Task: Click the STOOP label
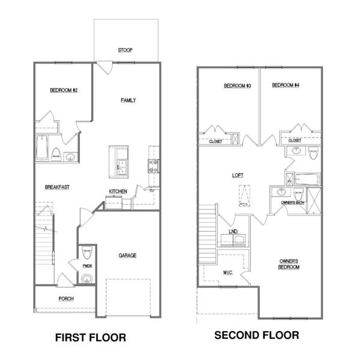tap(125, 50)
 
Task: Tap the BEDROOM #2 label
tap(63, 90)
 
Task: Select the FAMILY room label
tap(128, 100)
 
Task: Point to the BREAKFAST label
tap(58, 187)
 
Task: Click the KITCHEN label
tap(118, 191)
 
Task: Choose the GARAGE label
tap(127, 255)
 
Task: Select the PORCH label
tap(66, 299)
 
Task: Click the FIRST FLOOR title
tap(91, 338)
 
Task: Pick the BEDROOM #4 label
tap(286, 85)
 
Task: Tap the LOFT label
tap(238, 175)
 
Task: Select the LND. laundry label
tap(233, 231)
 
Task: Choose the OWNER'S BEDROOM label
tap(289, 264)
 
